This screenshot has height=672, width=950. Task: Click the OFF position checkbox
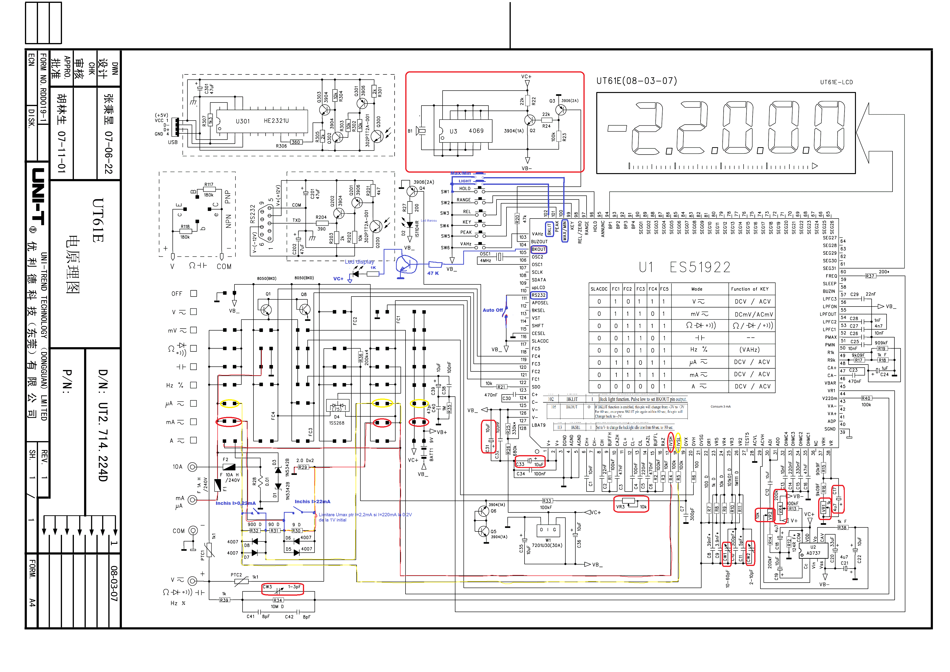pos(193,294)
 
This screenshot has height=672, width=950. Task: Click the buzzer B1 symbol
pos(421,131)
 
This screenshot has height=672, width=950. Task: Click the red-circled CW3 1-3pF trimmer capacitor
pos(283,588)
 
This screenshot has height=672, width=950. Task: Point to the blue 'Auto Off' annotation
pos(492,310)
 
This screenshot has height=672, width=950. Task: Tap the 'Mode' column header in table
pos(697,289)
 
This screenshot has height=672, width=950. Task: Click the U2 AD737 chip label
pos(813,550)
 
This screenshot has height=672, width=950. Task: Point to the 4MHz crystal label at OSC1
pos(485,260)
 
